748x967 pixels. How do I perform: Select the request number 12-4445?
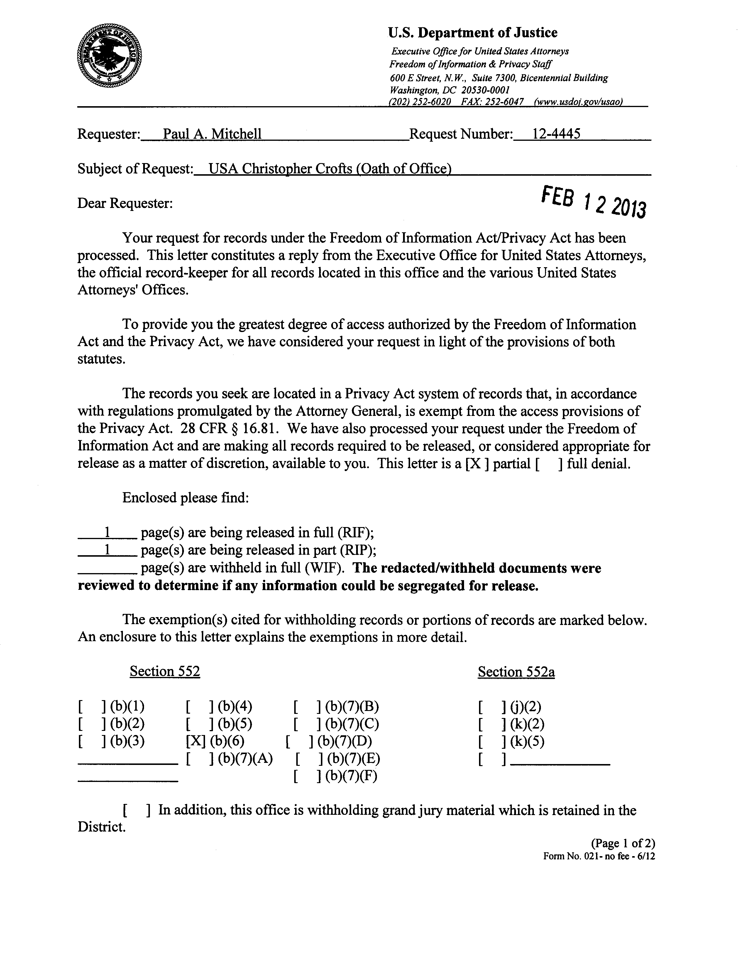pyautogui.click(x=556, y=134)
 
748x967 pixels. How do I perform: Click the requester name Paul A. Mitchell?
pyautogui.click(x=212, y=134)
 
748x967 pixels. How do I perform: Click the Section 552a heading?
pyautogui.click(x=516, y=672)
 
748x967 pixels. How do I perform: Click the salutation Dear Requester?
pyautogui.click(x=125, y=203)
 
